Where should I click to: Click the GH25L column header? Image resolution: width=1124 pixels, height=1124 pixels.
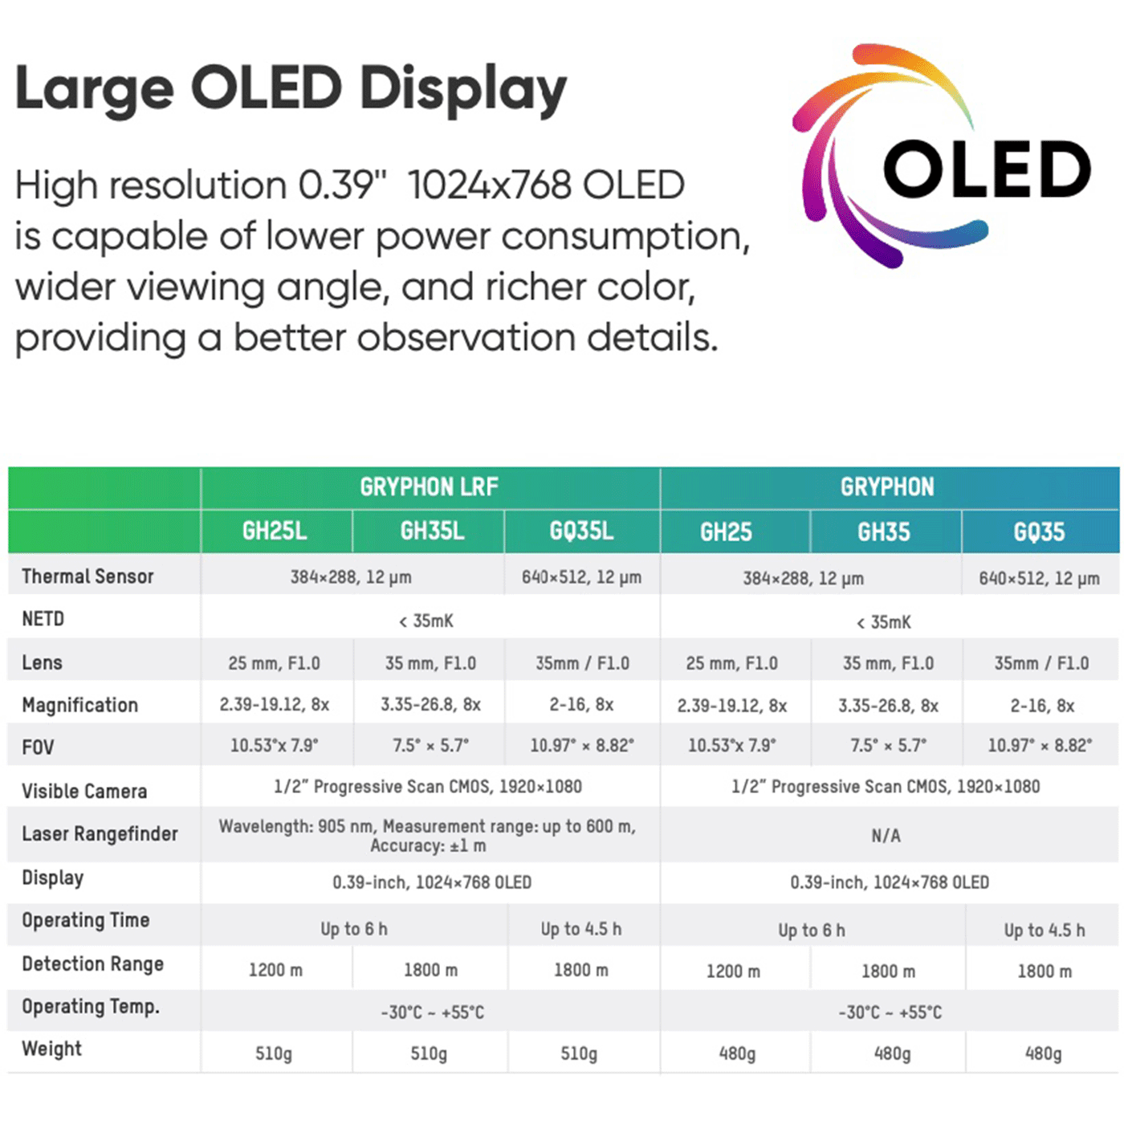(275, 531)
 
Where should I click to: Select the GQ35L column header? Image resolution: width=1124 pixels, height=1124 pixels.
(581, 531)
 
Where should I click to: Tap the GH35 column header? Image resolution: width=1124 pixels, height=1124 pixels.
(884, 532)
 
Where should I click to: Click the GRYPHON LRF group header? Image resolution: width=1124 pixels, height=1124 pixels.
(429, 487)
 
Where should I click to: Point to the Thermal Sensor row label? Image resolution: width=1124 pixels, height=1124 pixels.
(88, 576)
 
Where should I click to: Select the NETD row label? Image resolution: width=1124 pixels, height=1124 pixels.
(43, 619)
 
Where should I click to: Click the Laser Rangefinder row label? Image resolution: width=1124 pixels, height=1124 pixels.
(100, 834)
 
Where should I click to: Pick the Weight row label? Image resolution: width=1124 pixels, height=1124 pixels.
(52, 1049)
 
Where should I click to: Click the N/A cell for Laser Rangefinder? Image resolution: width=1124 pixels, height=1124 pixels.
(886, 836)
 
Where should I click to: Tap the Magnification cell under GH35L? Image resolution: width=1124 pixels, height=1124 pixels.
(430, 705)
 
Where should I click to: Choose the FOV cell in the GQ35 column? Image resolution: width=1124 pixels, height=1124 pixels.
(1040, 745)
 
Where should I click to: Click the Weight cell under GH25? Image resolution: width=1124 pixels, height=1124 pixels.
(737, 1053)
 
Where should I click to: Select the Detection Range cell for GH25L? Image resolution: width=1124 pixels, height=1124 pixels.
(275, 970)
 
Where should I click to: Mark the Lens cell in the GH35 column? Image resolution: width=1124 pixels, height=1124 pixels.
(888, 663)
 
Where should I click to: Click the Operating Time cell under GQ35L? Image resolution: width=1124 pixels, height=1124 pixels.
(580, 929)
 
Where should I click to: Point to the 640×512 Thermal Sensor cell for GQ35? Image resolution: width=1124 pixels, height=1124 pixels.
(1039, 578)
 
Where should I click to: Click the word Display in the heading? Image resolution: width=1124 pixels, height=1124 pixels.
(463, 88)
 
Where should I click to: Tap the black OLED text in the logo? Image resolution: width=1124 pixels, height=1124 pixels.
(987, 169)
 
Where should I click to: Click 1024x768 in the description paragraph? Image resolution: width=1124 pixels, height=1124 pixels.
(489, 185)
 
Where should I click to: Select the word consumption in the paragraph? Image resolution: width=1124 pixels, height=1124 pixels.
(625, 237)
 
